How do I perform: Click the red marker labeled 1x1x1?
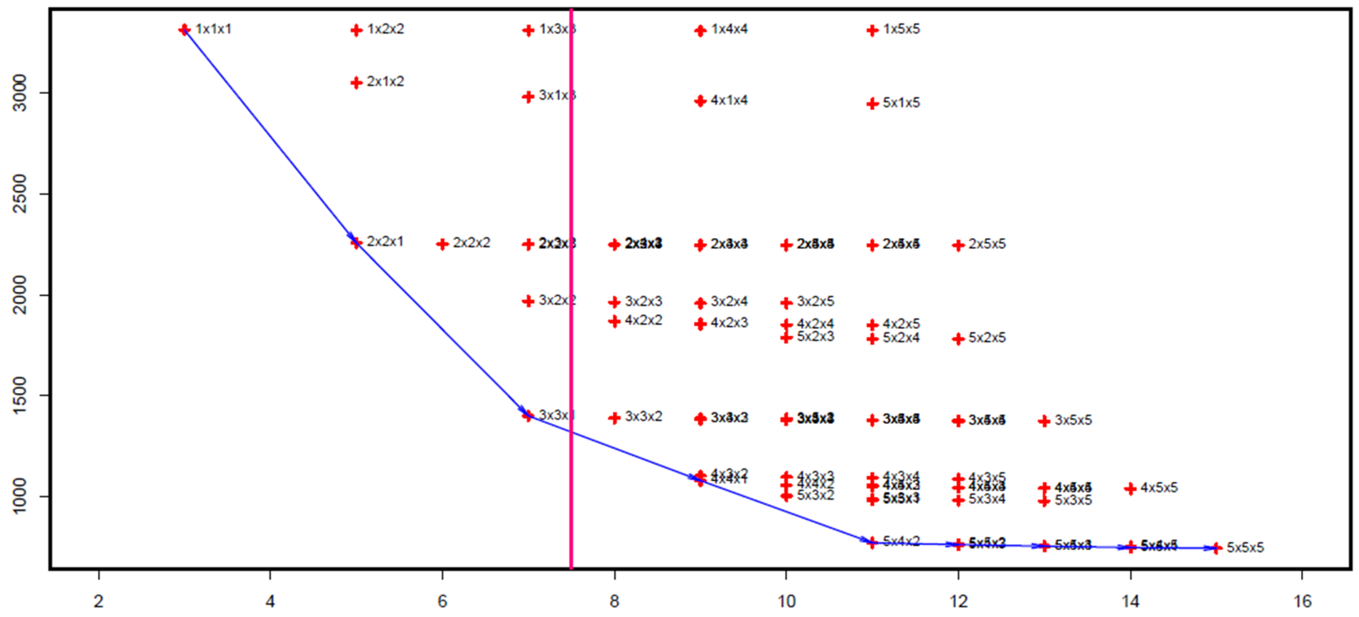(x=184, y=29)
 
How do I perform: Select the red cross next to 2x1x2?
(x=357, y=82)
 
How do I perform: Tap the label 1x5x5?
(x=901, y=29)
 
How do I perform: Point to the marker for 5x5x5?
(x=1217, y=549)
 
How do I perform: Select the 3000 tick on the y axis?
(x=20, y=93)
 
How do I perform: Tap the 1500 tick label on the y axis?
(x=20, y=395)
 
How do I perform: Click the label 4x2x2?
(x=643, y=321)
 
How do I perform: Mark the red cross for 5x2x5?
(x=959, y=339)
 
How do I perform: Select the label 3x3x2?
(x=643, y=417)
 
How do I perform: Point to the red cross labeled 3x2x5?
(x=787, y=303)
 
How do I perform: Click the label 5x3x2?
(x=815, y=495)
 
